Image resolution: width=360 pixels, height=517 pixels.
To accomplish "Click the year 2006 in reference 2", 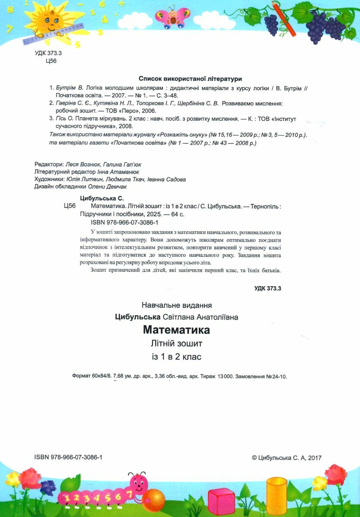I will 145,111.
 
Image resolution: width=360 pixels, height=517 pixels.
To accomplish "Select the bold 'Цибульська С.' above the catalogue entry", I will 102,199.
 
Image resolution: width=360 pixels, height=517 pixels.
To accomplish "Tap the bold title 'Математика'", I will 177,330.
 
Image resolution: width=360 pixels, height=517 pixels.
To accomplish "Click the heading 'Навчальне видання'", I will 177,305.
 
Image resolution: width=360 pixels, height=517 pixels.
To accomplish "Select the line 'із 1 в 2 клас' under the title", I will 177,357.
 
